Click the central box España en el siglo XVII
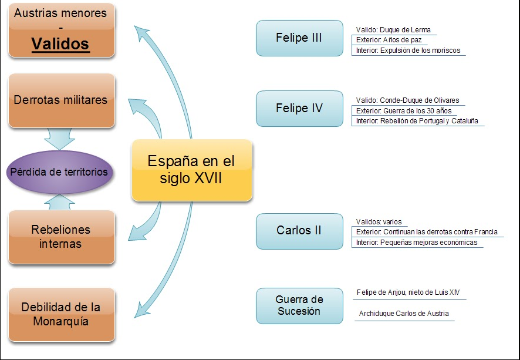click(x=191, y=170)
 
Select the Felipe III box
click(x=299, y=38)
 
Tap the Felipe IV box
click(x=299, y=109)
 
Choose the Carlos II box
click(x=299, y=231)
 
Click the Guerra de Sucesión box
click(x=299, y=305)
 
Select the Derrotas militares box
click(x=61, y=100)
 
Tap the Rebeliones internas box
click(x=61, y=236)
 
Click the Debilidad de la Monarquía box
click(x=61, y=315)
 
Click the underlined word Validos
click(x=60, y=44)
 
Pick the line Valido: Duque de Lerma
click(x=397, y=30)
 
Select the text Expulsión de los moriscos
click(x=420, y=51)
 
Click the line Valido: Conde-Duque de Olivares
click(x=407, y=100)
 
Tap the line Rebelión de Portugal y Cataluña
click(x=429, y=121)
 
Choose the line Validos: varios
click(x=379, y=222)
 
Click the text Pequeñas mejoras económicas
click(x=429, y=243)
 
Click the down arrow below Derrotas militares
click(x=61, y=139)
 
